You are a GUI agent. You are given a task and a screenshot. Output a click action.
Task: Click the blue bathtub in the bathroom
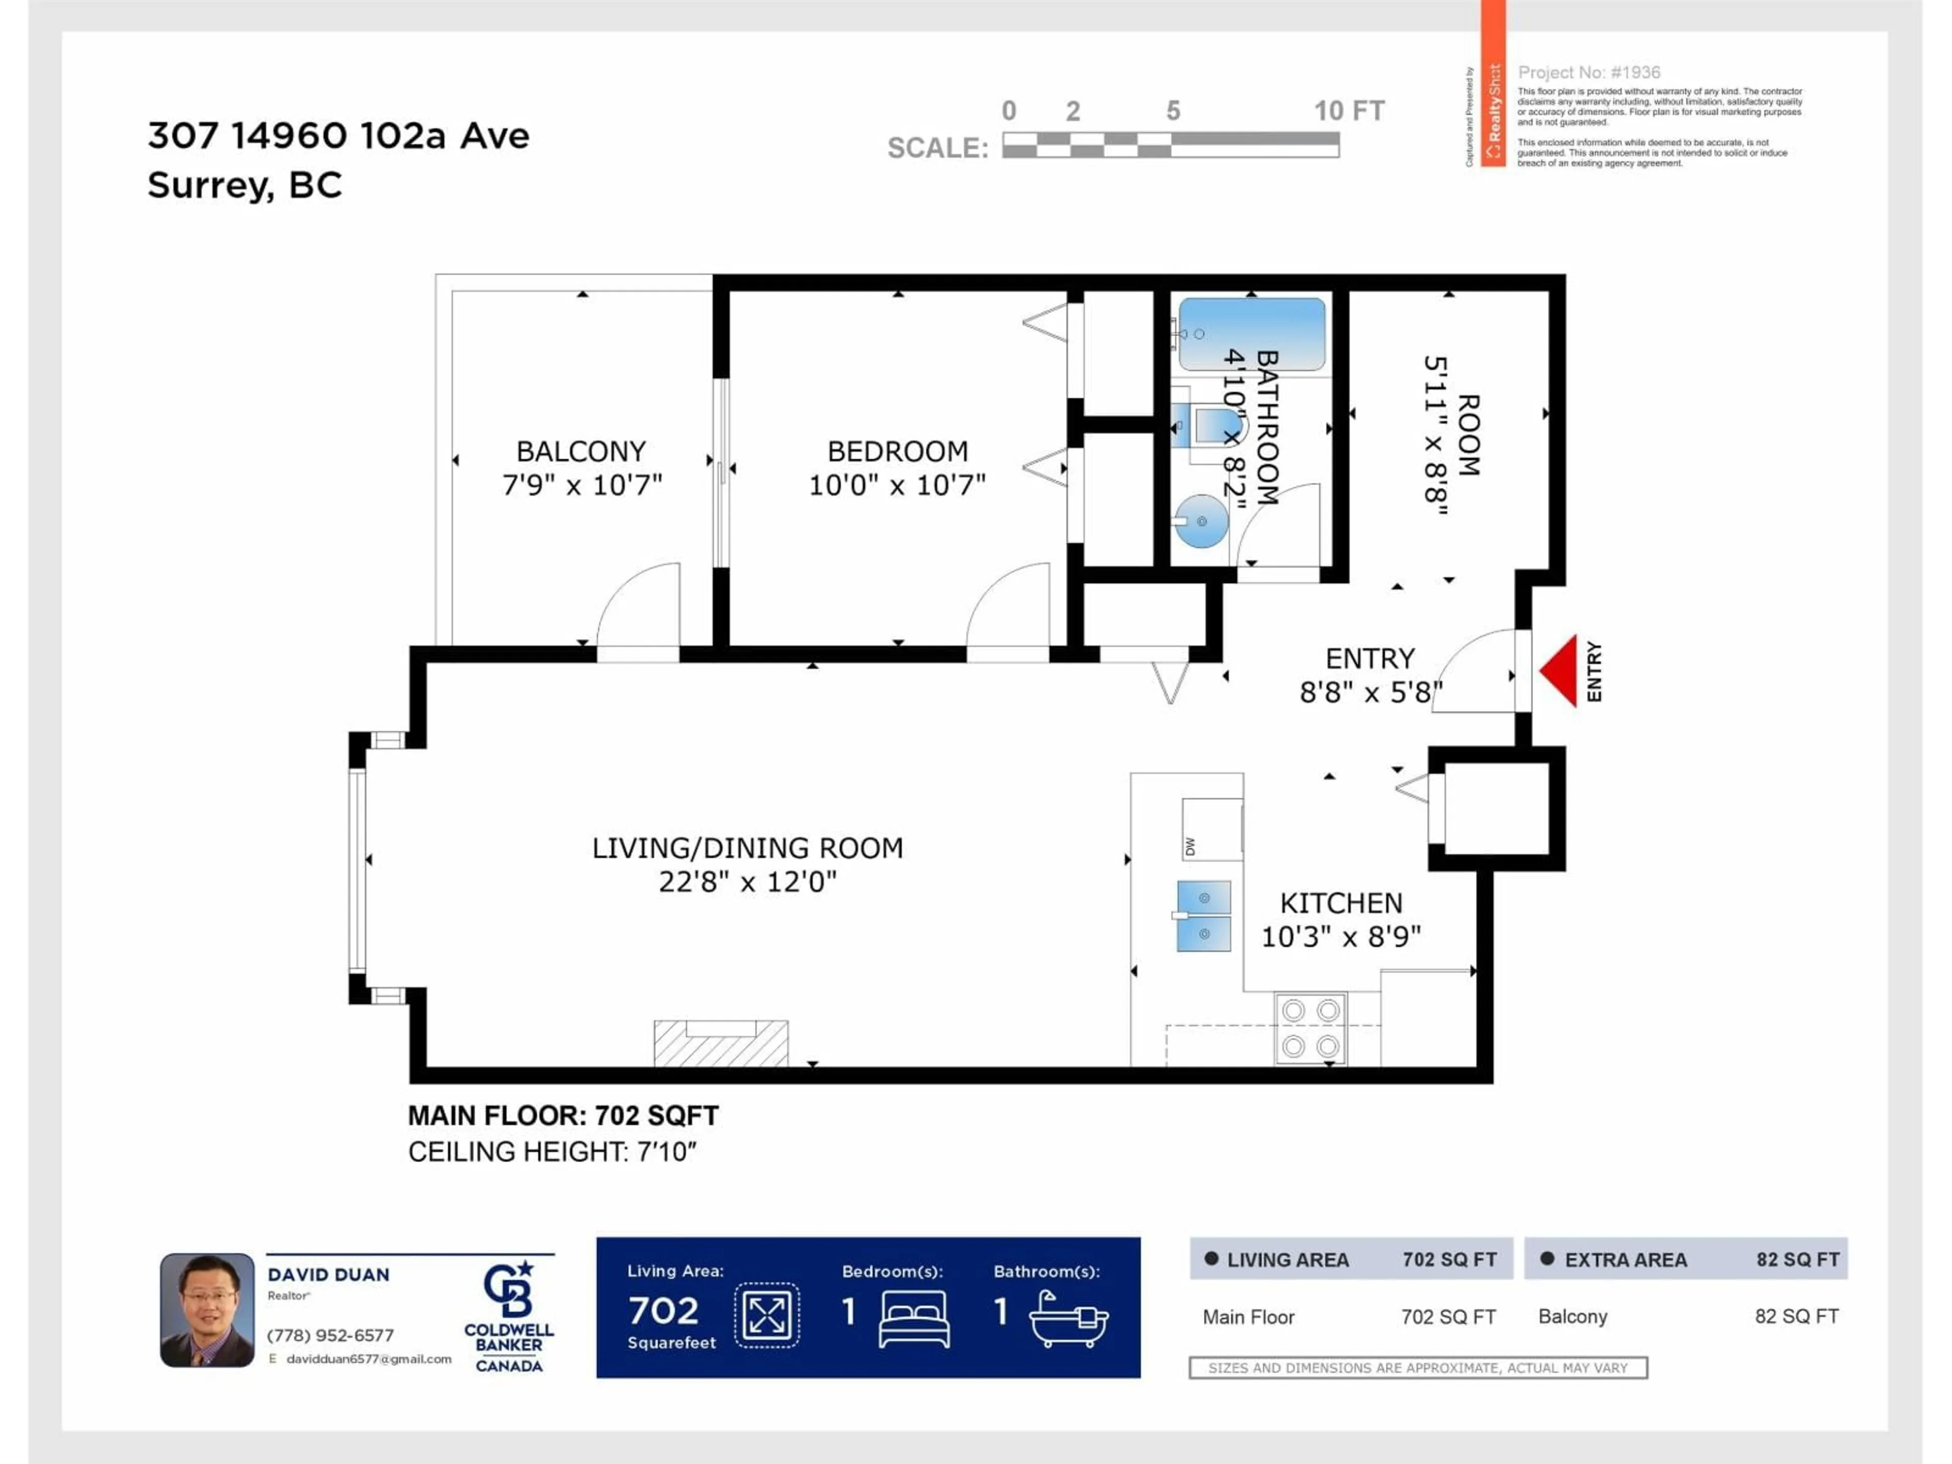[1252, 334]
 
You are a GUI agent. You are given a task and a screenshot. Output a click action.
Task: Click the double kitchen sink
[1204, 916]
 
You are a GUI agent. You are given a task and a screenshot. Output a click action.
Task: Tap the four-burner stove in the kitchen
[1310, 1028]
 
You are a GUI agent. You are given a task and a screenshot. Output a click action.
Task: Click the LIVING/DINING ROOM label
[747, 848]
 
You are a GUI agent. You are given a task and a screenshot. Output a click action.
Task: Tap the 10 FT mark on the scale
[1349, 111]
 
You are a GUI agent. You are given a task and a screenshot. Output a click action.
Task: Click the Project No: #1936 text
[1589, 72]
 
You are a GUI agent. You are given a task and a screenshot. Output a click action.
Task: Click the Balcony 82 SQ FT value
[1796, 1317]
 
